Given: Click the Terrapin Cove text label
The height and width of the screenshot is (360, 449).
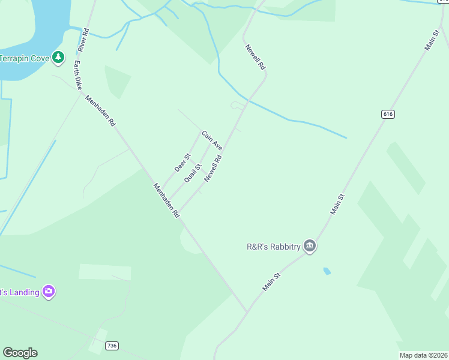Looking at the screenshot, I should point(23,58).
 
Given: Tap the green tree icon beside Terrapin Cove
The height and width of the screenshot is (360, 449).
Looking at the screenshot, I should point(58,58).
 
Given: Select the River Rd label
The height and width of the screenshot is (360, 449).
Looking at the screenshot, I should point(83,40).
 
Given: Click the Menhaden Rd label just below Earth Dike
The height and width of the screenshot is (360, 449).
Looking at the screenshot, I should point(100,111).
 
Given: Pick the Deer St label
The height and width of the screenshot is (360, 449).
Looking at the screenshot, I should point(182,163).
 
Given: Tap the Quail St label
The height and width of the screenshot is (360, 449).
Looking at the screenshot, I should point(193,173).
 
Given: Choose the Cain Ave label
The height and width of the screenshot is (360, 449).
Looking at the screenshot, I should point(212,140).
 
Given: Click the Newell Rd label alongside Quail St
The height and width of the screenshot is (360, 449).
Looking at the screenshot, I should point(213,169).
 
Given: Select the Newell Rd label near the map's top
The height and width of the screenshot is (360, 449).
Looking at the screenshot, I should point(255,58).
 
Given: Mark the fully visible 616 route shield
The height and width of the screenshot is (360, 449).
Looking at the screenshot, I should point(387,114).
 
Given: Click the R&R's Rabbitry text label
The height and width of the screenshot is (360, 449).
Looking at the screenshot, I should point(273,246).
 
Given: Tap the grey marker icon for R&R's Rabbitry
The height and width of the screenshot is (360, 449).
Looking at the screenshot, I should point(310,246).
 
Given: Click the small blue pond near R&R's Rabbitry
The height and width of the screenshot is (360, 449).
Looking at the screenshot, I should point(327,271).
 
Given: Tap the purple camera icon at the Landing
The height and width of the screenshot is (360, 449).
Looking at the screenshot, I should point(49,292).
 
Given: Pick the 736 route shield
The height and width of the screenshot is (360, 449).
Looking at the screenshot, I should point(111,346).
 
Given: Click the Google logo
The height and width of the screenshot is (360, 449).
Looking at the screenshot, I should point(20,353).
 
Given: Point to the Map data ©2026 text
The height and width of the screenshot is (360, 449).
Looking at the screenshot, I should point(423,355).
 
